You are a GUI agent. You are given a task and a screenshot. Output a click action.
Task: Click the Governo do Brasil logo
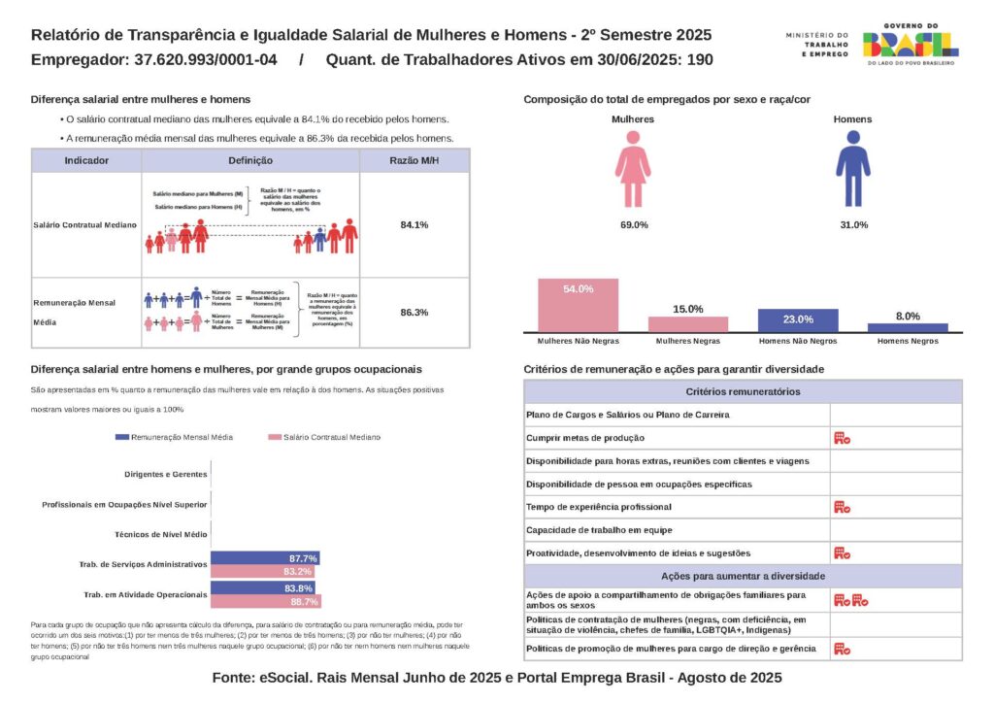click(910, 45)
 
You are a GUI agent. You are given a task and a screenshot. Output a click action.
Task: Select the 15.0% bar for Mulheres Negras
click(688, 324)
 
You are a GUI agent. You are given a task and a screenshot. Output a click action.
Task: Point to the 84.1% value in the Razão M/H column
click(414, 225)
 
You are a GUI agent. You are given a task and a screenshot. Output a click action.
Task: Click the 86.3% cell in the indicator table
click(414, 313)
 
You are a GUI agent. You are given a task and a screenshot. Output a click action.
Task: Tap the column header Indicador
click(86, 161)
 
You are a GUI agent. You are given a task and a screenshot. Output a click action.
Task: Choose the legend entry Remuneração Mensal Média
click(174, 438)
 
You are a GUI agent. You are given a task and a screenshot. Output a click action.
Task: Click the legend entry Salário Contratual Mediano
click(325, 438)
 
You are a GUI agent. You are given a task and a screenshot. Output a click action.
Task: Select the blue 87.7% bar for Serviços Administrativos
click(264, 558)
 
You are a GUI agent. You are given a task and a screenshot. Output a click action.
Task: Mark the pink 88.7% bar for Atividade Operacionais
click(265, 602)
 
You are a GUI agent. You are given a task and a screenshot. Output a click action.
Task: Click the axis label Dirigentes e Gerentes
click(166, 475)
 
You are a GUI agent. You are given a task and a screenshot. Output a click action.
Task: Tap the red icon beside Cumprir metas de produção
click(842, 439)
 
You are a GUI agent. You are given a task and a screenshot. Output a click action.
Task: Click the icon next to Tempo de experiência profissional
click(842, 507)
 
